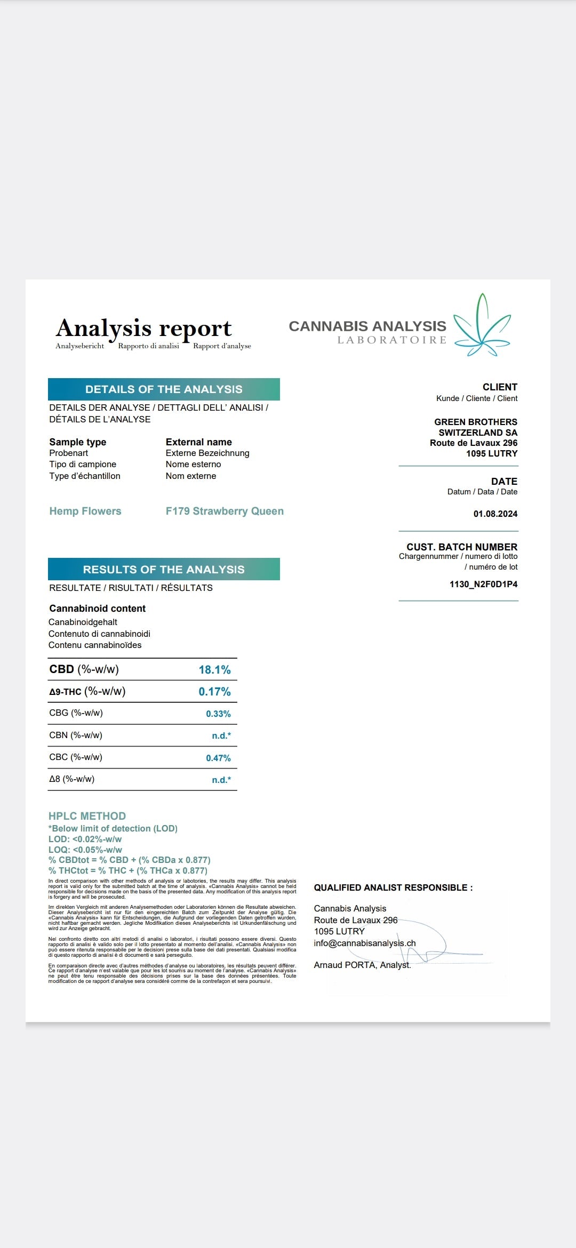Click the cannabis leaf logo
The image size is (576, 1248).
(482, 325)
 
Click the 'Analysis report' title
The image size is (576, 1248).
(144, 328)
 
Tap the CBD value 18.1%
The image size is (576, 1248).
(214, 670)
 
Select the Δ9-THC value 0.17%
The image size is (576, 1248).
(214, 692)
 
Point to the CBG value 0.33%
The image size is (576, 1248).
(218, 714)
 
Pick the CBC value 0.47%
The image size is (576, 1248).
(218, 758)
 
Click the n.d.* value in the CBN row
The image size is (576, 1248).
(221, 736)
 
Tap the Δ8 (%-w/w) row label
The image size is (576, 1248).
(72, 779)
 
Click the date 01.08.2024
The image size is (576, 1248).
(495, 514)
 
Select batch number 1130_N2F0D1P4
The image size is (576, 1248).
(483, 585)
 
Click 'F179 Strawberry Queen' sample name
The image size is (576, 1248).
(225, 511)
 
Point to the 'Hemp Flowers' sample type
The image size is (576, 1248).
(85, 511)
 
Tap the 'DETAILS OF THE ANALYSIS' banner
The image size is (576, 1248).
(164, 389)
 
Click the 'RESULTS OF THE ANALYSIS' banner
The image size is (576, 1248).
(164, 570)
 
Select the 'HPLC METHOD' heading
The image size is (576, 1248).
(87, 816)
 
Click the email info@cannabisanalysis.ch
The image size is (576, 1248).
(365, 943)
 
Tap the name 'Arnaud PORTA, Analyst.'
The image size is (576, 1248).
(362, 965)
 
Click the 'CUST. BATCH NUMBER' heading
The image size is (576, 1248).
(462, 547)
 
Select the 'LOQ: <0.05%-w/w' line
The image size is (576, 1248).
(85, 850)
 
